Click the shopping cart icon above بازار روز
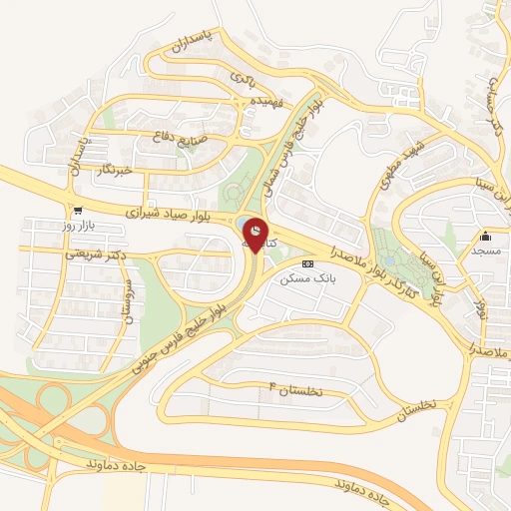coord(77,210)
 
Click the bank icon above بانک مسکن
coord(307,263)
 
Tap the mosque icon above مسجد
coord(486,236)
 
